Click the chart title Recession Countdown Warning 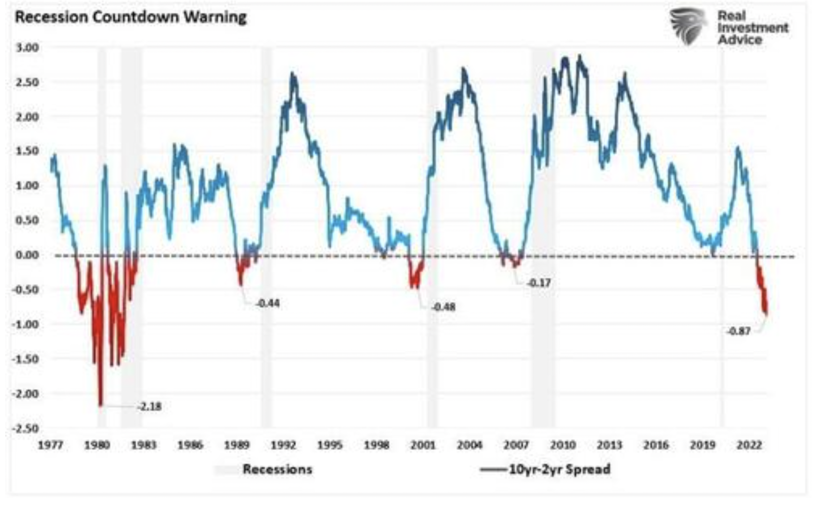click(131, 17)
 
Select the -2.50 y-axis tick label click(26, 428)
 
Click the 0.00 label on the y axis click(27, 255)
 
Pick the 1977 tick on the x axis click(50, 444)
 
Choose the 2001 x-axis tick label click(423, 444)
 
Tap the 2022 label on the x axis click(749, 444)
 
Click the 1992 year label click(283, 444)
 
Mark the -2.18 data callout click(150, 407)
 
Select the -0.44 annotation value click(268, 304)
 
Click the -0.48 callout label click(443, 307)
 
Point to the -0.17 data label click(539, 283)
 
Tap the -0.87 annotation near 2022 click(738, 331)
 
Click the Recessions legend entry click(277, 469)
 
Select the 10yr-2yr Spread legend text click(560, 469)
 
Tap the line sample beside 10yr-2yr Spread click(493, 469)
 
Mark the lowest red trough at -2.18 click(100, 405)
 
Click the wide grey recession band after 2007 click(543, 235)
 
